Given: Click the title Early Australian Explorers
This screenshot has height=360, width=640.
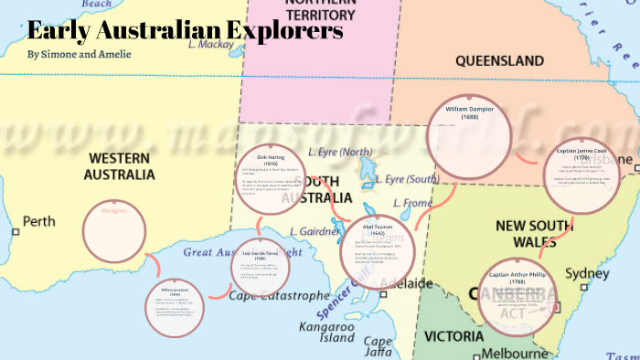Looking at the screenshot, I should click(186, 30).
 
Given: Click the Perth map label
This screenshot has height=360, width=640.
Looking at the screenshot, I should click(38, 221).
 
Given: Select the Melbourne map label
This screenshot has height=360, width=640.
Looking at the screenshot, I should click(517, 353).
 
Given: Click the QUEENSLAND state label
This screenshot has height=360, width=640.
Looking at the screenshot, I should click(500, 61).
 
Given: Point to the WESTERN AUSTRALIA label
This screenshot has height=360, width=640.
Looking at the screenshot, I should click(119, 165).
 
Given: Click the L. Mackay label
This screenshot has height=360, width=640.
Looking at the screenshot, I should click(211, 43).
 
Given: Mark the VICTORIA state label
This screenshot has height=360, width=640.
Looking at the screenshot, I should click(453, 335).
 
